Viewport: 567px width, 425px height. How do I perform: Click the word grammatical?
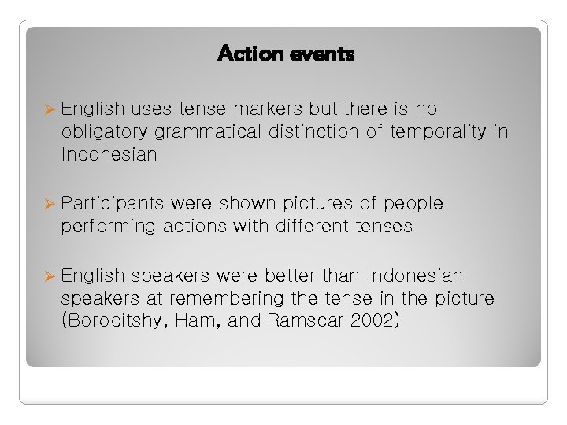207,131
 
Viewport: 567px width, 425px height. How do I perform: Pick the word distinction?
316,131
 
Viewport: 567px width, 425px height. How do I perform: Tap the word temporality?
435,131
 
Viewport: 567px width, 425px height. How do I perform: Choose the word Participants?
113,203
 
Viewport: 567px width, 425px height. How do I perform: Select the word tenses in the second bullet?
384,227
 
